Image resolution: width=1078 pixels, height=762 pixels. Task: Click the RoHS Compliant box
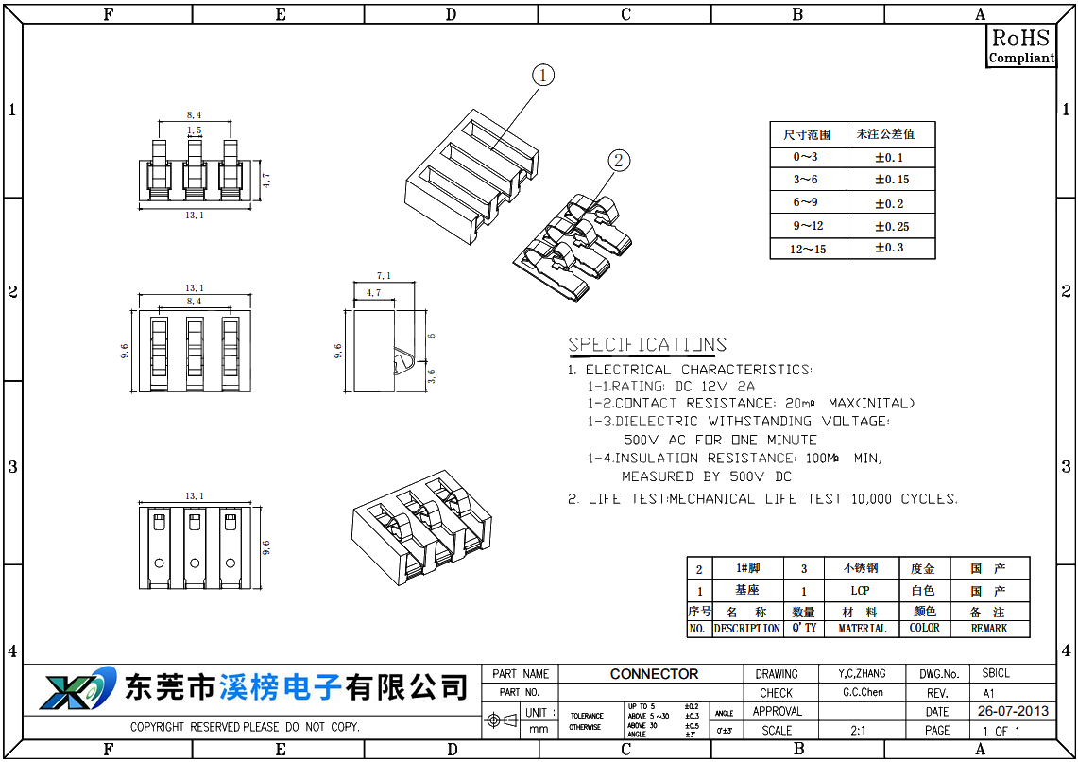pyautogui.click(x=1020, y=46)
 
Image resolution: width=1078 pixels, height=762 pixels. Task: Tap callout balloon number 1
pyautogui.click(x=542, y=76)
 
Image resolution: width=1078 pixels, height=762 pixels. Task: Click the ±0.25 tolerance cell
pyautogui.click(x=891, y=226)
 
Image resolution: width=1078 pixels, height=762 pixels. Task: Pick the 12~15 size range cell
pyautogui.click(x=808, y=249)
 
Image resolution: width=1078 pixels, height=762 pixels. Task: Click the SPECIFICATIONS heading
pyautogui.click(x=647, y=345)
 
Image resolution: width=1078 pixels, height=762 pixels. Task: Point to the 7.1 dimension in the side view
pyautogui.click(x=383, y=275)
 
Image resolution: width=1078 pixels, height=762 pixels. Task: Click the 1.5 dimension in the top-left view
pyautogui.click(x=194, y=130)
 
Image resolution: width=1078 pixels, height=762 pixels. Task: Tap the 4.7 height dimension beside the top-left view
pyautogui.click(x=266, y=180)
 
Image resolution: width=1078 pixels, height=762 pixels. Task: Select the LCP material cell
pyautogui.click(x=860, y=591)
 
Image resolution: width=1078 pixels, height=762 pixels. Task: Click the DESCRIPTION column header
pyautogui.click(x=746, y=629)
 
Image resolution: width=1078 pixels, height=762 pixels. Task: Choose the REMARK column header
pyautogui.click(x=989, y=629)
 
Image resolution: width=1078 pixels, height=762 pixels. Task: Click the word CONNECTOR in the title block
pyautogui.click(x=654, y=674)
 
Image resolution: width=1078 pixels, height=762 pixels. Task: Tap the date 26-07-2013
pyautogui.click(x=1013, y=711)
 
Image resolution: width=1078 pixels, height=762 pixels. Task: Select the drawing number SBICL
pyautogui.click(x=996, y=674)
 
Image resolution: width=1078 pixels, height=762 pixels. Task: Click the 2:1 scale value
pyautogui.click(x=859, y=730)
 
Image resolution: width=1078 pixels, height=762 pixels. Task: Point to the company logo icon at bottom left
pyautogui.click(x=76, y=688)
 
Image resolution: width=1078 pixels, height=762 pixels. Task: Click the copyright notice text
pyautogui.click(x=245, y=728)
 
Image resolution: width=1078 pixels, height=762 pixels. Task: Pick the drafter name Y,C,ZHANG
pyautogui.click(x=862, y=674)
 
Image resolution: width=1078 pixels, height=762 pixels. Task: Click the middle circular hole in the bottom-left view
pyautogui.click(x=195, y=563)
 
